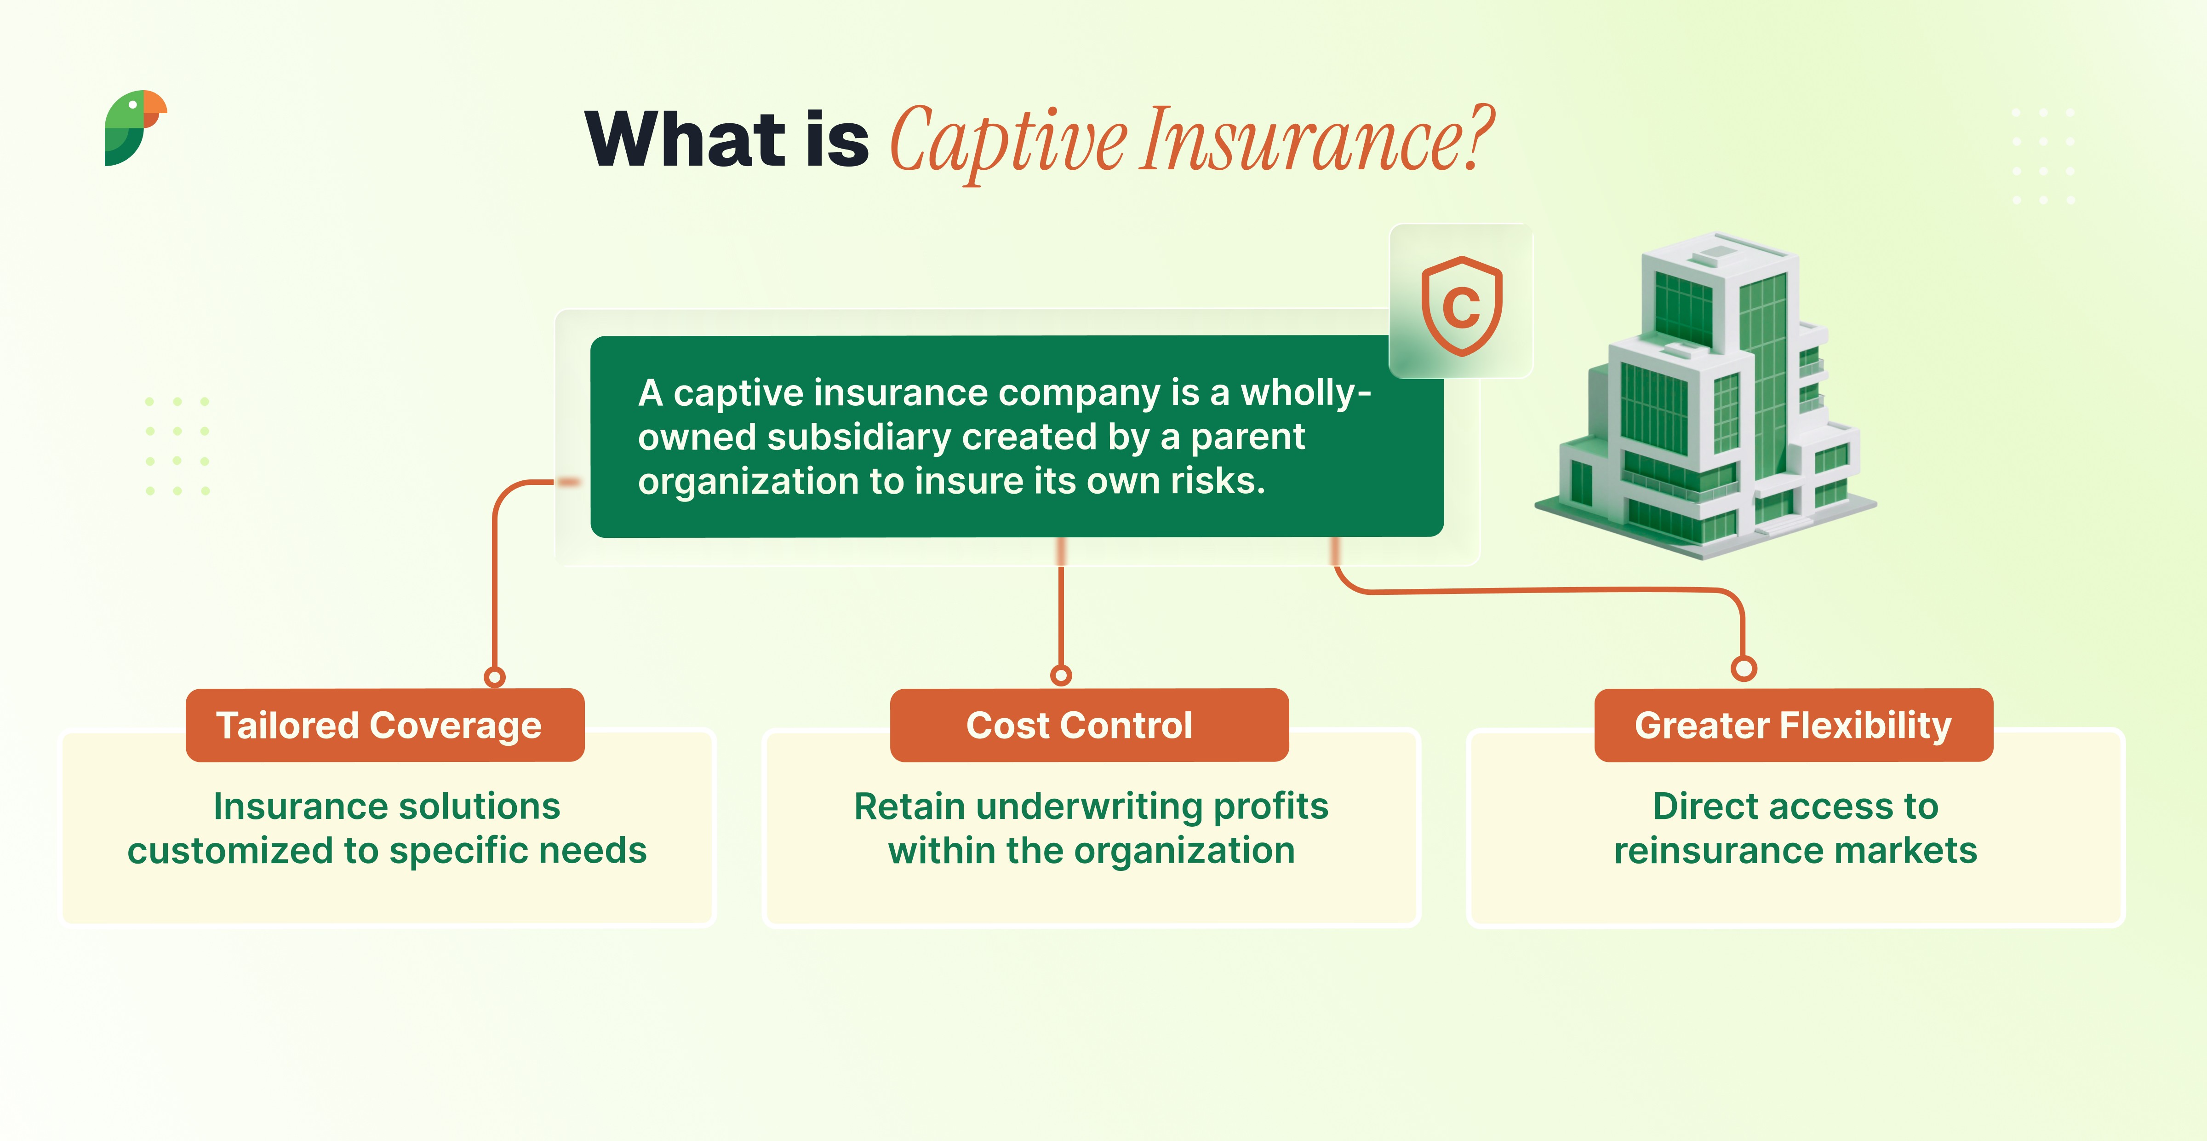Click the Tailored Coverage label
click(x=379, y=725)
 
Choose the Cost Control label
click(x=1080, y=725)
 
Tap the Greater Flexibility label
click(x=1793, y=725)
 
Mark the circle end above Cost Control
click(x=1061, y=675)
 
